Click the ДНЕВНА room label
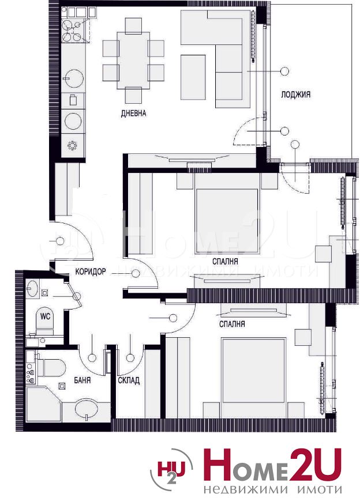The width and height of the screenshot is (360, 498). pyautogui.click(x=134, y=113)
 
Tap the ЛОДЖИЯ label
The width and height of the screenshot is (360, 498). pyautogui.click(x=296, y=95)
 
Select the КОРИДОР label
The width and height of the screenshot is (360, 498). pyautogui.click(x=91, y=271)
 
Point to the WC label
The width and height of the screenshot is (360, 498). pyautogui.click(x=45, y=316)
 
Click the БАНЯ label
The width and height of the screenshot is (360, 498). pyautogui.click(x=82, y=380)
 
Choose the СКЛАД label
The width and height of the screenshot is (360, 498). pyautogui.click(x=129, y=380)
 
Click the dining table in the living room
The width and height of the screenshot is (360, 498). pyautogui.click(x=133, y=61)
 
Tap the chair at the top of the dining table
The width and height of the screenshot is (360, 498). pyautogui.click(x=133, y=26)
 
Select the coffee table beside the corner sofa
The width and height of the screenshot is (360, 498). pyautogui.click(x=193, y=77)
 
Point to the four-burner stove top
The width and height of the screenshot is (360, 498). pyautogui.click(x=72, y=31)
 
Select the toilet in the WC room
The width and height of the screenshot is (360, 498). pyautogui.click(x=45, y=321)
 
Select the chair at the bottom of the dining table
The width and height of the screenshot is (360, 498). pyautogui.click(x=133, y=95)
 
